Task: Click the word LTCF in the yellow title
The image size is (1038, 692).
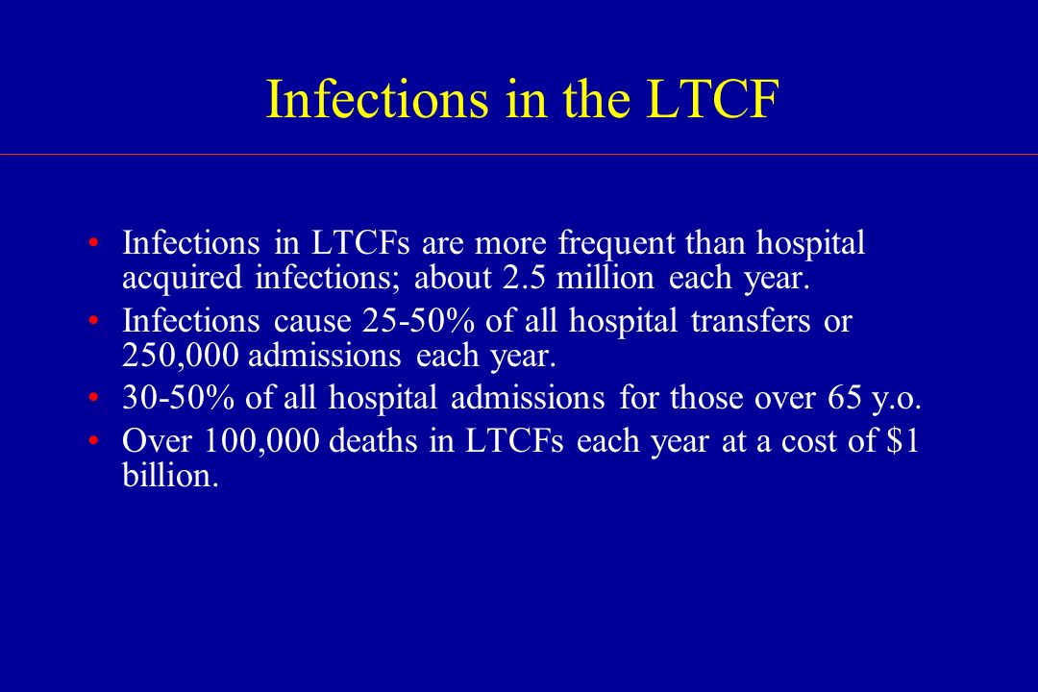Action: point(712,99)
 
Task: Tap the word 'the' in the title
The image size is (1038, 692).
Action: point(596,99)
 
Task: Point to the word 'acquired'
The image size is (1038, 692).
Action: point(182,279)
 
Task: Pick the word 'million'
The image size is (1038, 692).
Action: point(605,278)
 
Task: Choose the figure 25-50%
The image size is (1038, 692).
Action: point(418,321)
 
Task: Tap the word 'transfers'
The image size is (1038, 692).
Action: point(750,320)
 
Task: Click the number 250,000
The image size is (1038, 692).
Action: point(180,356)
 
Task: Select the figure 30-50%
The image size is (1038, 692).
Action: point(178,398)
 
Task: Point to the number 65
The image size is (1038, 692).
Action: point(845,398)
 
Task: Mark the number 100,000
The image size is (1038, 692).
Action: point(261,442)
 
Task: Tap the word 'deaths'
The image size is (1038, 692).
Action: point(373,441)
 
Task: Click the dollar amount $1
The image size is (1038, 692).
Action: point(902,440)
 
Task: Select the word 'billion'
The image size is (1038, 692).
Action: point(170,476)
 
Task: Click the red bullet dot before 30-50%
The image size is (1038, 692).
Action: point(93,398)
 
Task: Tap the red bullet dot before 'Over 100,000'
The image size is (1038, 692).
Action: point(93,440)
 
